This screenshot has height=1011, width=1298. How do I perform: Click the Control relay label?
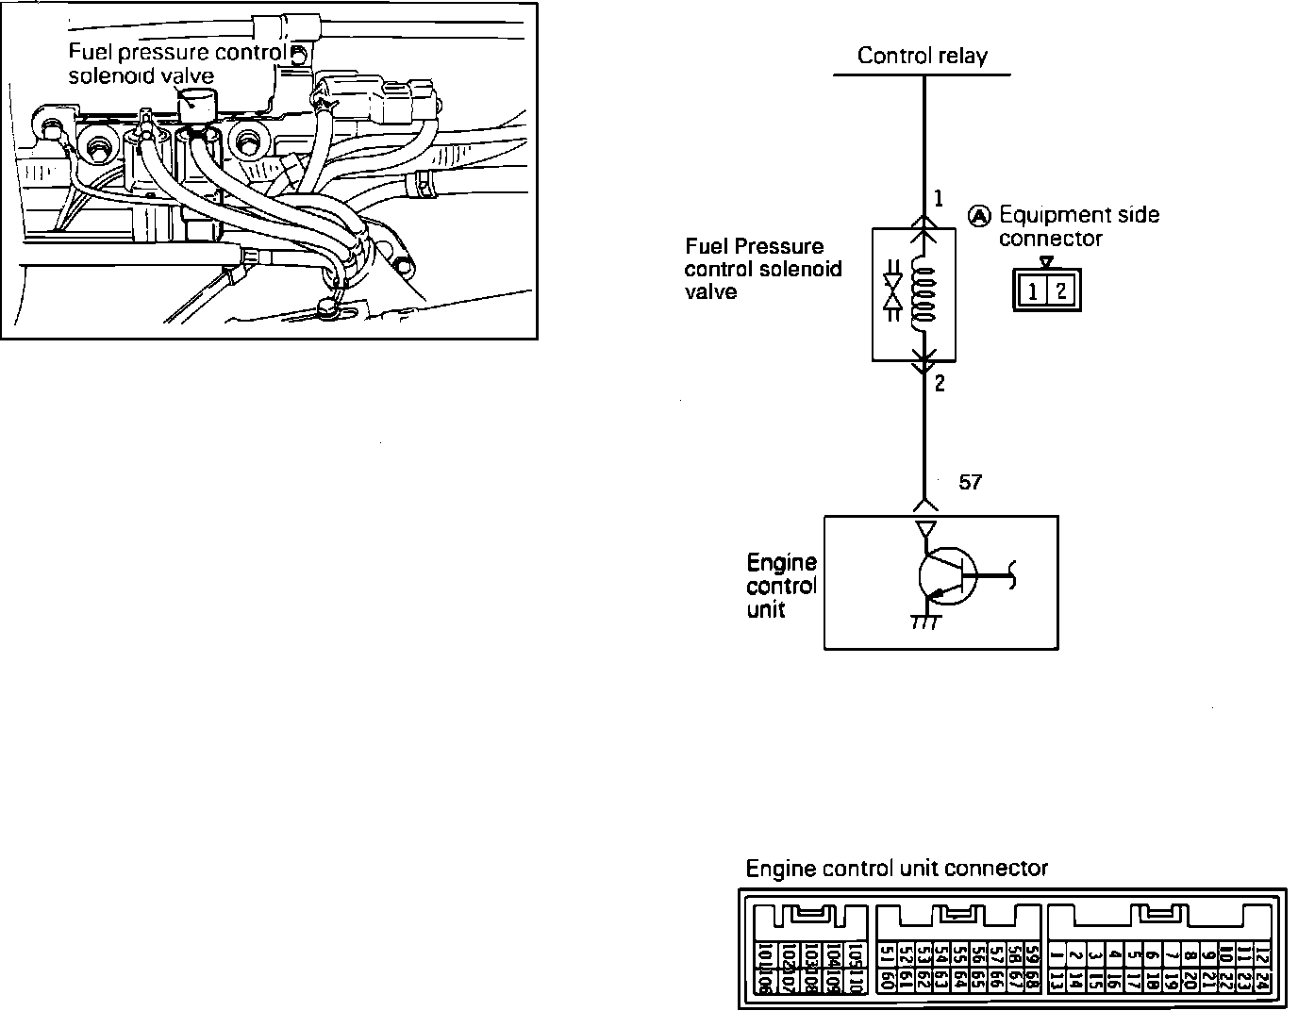pyautogui.click(x=922, y=56)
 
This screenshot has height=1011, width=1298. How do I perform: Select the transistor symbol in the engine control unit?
pyautogui.click(x=947, y=576)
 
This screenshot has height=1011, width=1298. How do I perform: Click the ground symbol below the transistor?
pyautogui.click(x=923, y=623)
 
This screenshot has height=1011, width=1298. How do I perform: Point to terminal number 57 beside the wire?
pyautogui.click(x=970, y=483)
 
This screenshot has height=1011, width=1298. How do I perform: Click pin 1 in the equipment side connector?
pyautogui.click(x=1034, y=291)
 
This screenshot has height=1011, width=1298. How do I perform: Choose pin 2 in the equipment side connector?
pyautogui.click(x=1061, y=291)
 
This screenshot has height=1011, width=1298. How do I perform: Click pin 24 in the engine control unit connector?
pyautogui.click(x=1264, y=981)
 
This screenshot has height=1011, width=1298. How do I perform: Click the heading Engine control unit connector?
pyautogui.click(x=896, y=869)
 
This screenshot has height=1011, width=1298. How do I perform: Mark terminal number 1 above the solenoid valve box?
pyautogui.click(x=939, y=199)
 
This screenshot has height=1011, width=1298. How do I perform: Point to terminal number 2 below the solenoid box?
pyautogui.click(x=940, y=383)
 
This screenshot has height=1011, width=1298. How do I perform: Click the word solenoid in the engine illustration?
pyautogui.click(x=105, y=75)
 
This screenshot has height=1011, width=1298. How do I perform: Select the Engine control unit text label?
pyautogui.click(x=781, y=586)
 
